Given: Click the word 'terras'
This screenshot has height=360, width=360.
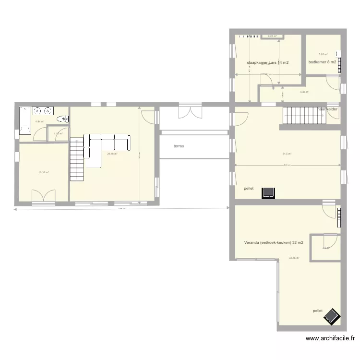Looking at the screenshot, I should click(179, 145).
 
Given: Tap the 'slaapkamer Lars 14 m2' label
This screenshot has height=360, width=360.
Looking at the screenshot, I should click(268, 62).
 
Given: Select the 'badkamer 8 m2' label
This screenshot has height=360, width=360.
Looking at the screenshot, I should click(322, 62).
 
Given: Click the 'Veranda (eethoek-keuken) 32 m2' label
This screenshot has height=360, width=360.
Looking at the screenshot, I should click(270, 242).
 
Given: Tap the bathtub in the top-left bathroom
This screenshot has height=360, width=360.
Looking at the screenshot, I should click(25, 118).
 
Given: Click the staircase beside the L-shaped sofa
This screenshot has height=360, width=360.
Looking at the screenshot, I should click(77, 158).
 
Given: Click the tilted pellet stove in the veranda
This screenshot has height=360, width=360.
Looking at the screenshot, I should click(332, 316).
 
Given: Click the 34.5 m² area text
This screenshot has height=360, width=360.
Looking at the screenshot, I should click(287, 154).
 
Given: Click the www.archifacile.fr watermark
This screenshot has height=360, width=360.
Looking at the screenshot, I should click(333, 338).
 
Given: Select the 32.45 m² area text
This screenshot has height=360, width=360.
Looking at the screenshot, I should click(294, 258).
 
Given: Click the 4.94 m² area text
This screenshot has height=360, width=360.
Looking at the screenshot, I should click(40, 121).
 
